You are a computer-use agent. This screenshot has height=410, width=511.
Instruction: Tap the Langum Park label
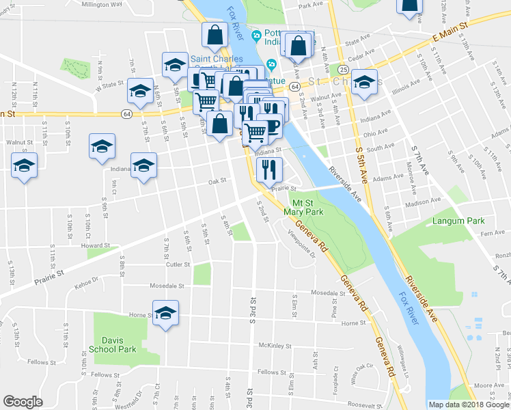pyautogui.click(x=457, y=221)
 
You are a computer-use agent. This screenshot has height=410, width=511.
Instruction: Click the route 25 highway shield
pyautogui.click(x=343, y=70)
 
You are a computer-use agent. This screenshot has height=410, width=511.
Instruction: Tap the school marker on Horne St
pyautogui.click(x=165, y=314)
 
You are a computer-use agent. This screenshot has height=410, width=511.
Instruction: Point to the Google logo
pyautogui.click(x=23, y=402)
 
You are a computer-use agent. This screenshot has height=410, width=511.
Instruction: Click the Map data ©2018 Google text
pyautogui.click(x=469, y=405)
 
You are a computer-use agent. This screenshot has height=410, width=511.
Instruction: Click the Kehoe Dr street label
pyautogui.click(x=86, y=279)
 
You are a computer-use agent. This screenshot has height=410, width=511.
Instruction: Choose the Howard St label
pyautogui.click(x=95, y=245)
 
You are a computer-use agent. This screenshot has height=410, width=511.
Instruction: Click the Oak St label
pyautogui.click(x=217, y=182)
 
